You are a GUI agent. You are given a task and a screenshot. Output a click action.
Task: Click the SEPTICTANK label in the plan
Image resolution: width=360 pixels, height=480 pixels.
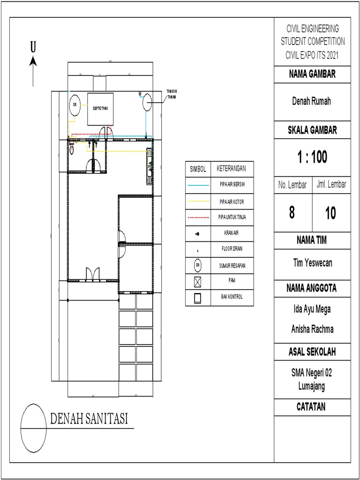pyautogui.click(x=100, y=108)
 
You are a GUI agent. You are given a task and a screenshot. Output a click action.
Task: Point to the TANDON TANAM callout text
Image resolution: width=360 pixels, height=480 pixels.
pyautogui.click(x=172, y=95)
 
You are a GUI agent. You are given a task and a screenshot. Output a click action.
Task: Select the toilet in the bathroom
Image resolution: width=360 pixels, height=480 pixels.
pyautogui.click(x=72, y=149)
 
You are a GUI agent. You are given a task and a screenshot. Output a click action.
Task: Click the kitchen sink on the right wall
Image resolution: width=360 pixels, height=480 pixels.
pyautogui.click(x=149, y=162)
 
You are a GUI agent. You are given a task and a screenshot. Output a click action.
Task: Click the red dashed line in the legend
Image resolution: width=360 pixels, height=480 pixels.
pyautogui.click(x=197, y=217)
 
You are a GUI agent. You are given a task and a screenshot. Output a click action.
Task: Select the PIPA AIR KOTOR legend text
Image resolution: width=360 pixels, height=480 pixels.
pyautogui.click(x=232, y=201)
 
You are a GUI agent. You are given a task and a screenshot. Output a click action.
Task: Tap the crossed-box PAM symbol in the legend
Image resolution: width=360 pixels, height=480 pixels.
pyautogui.click(x=197, y=281)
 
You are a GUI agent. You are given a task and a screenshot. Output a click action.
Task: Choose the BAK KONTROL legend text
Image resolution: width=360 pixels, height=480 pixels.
pyautogui.click(x=232, y=297)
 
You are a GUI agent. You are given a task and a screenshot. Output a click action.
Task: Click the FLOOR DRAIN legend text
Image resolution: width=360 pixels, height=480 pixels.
pyautogui.click(x=232, y=249)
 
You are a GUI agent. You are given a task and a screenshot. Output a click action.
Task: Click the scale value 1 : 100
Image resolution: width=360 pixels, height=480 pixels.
pyautogui.click(x=312, y=157)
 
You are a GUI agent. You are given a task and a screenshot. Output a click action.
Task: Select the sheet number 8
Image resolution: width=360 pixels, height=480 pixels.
pyautogui.click(x=292, y=213)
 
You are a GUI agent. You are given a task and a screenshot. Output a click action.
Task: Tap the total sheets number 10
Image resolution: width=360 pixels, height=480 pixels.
pyautogui.click(x=330, y=213)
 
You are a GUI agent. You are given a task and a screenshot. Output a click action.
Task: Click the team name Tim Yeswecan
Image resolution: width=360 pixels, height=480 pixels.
pyautogui.click(x=312, y=262)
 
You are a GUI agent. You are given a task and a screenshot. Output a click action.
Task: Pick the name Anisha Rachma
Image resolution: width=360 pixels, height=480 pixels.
pyautogui.click(x=312, y=329)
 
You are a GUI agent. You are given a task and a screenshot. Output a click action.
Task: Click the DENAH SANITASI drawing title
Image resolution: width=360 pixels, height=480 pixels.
pyautogui.click(x=89, y=419)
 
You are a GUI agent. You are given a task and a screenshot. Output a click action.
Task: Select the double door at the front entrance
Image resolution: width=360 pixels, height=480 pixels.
pyautogui.click(x=92, y=274)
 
